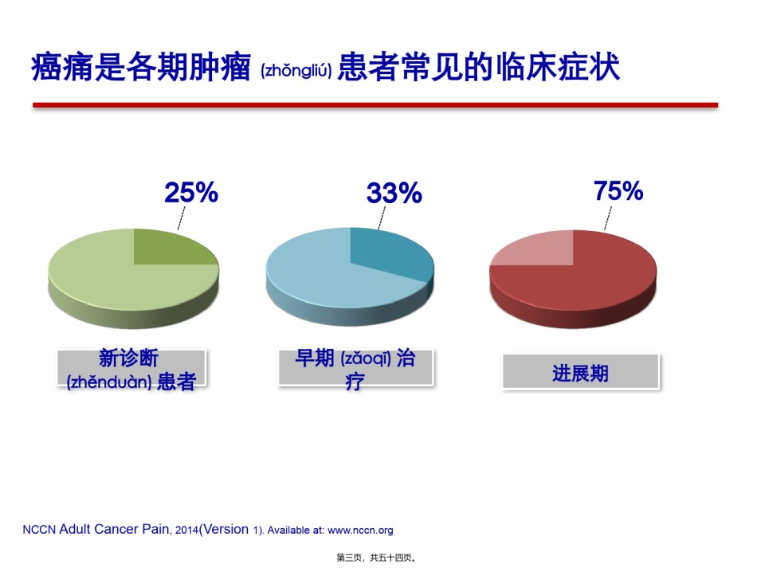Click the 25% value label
[191, 192]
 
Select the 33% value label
[394, 193]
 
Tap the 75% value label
[618, 190]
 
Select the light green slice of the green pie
[111, 280]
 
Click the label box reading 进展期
[581, 371]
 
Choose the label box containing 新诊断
[131, 368]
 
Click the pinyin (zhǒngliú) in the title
[296, 71]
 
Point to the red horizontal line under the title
[375, 104]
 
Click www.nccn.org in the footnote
[360, 531]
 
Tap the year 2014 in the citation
[186, 531]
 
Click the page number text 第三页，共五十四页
[376, 558]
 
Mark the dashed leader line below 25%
[182, 218]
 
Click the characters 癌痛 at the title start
[62, 67]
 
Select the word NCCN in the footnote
[39, 530]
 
